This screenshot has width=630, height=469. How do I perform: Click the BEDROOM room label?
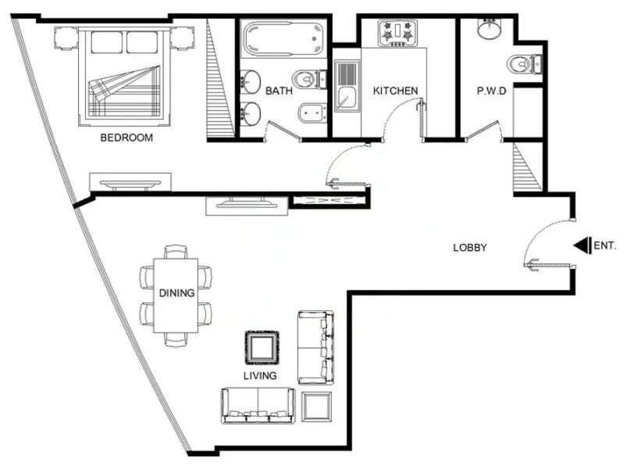126,138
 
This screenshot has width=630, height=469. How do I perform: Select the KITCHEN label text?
394,91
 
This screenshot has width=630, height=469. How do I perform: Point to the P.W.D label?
492,91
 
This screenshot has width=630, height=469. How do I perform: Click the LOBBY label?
470,248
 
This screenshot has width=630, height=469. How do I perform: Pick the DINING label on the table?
176,294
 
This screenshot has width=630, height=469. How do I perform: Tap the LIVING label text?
259,376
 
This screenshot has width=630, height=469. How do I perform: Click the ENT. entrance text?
605,245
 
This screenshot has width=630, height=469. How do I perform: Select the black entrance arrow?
582,245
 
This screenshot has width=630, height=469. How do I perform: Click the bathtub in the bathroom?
282,38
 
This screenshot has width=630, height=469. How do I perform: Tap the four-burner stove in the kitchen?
397,33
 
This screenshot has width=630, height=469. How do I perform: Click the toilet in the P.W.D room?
522,63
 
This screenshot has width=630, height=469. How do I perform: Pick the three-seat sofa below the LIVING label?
258,405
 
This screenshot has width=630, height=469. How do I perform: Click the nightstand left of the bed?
65,37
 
